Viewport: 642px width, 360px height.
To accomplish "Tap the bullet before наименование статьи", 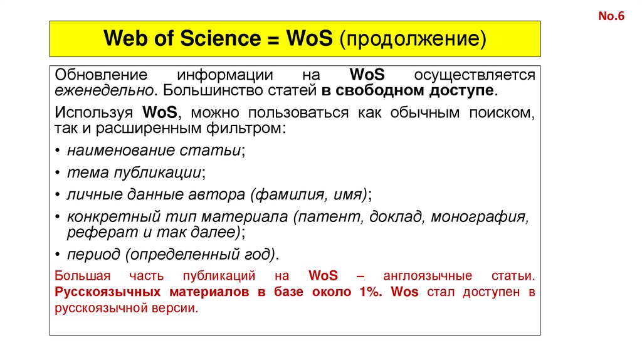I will [x=58, y=151].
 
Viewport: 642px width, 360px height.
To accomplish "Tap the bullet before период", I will [x=58, y=255].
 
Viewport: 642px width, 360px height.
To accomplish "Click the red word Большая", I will [x=82, y=276].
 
